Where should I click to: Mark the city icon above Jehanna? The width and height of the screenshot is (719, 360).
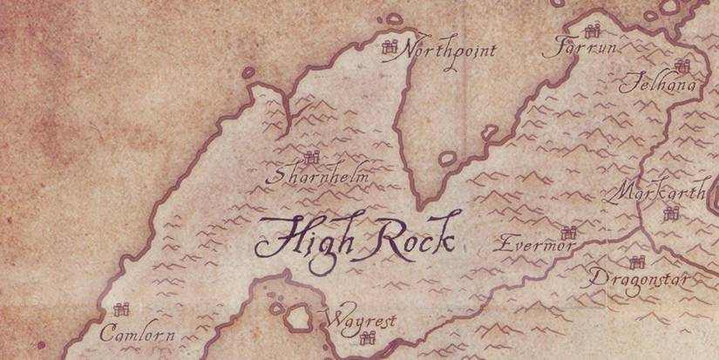[x=682, y=65]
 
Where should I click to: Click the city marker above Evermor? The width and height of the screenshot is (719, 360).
[x=570, y=232]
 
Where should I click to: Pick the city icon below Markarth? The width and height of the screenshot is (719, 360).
[x=670, y=214]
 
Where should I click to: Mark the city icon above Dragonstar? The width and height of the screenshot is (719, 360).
[x=637, y=262]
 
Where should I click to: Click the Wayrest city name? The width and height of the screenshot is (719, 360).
[x=359, y=321]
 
